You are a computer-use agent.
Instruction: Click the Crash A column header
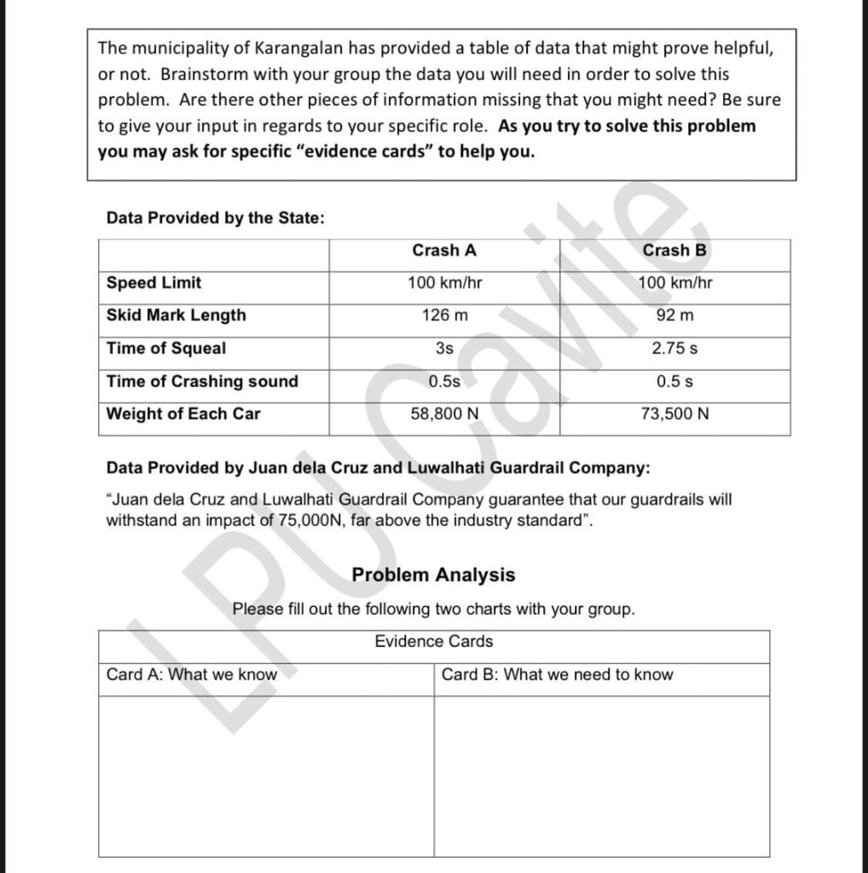(x=444, y=251)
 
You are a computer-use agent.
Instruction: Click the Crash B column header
(x=674, y=251)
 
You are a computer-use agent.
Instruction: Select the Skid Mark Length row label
(x=176, y=315)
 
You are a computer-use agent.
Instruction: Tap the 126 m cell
(x=444, y=315)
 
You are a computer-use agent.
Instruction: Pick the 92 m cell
(x=674, y=315)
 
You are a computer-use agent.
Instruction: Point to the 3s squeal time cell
(x=444, y=349)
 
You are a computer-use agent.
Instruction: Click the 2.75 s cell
(x=674, y=349)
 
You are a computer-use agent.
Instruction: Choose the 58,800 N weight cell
(x=444, y=414)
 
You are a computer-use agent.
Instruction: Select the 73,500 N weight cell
(x=674, y=414)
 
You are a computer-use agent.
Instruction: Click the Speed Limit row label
(x=154, y=283)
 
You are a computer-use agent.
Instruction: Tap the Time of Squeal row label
(x=166, y=349)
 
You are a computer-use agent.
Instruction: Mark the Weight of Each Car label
(x=183, y=414)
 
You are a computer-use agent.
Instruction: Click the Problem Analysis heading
(x=433, y=575)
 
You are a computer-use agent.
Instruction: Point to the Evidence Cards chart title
(x=433, y=642)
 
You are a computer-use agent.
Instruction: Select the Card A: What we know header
(x=192, y=675)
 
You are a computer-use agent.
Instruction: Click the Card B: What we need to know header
(x=557, y=675)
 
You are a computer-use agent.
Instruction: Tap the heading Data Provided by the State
(x=215, y=218)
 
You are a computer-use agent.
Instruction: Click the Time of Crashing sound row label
(x=202, y=382)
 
